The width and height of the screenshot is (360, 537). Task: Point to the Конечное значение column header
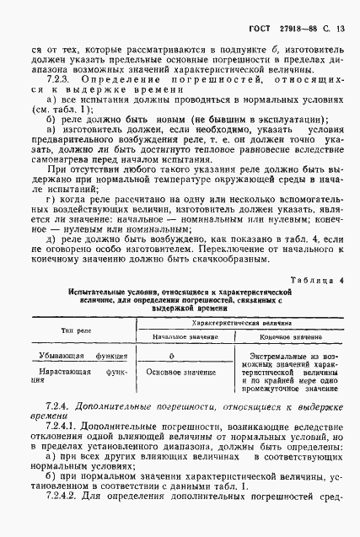tap(292, 335)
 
